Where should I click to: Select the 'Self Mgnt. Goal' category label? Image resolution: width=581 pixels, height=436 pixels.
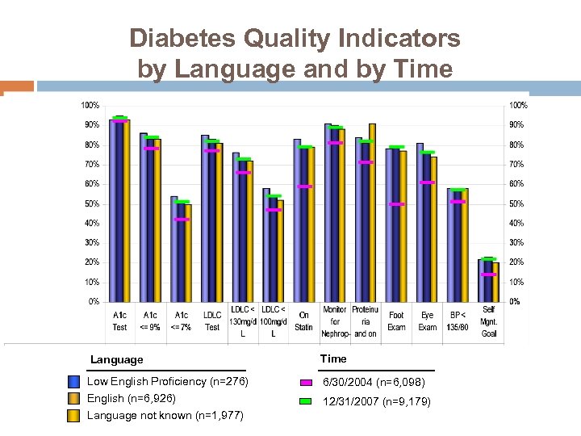tap(489, 321)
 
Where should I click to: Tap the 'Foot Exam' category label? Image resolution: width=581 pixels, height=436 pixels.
tap(396, 321)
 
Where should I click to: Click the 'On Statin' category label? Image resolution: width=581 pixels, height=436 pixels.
tap(303, 321)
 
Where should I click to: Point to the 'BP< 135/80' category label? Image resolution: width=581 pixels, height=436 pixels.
tap(458, 321)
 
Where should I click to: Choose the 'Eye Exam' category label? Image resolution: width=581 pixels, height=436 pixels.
tap(427, 321)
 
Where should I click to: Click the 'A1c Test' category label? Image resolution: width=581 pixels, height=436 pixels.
tap(119, 321)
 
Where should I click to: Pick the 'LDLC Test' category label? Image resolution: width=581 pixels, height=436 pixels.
tap(212, 321)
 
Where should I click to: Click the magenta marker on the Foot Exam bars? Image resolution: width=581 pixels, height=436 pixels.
tap(396, 204)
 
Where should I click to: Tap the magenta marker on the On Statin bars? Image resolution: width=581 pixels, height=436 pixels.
tap(304, 187)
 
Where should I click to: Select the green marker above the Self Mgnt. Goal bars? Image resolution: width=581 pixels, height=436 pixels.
tap(488, 259)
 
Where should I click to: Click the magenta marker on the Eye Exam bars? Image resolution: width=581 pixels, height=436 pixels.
tap(428, 182)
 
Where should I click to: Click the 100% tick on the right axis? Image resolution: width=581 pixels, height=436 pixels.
tap(518, 106)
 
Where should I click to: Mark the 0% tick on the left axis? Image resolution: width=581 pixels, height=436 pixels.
tap(94, 301)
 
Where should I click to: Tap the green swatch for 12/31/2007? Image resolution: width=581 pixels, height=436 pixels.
tap(306, 401)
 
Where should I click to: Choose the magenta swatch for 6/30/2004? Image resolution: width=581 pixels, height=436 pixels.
tap(306, 383)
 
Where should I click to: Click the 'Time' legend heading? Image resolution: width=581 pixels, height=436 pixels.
tap(332, 359)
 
